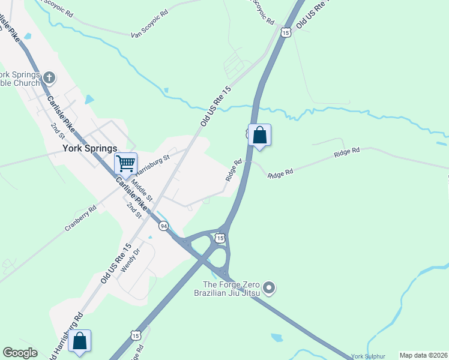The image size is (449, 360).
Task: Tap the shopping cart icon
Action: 126,163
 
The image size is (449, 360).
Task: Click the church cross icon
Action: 49,77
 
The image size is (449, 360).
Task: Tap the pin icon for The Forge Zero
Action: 269,289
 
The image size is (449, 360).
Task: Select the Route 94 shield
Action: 163,226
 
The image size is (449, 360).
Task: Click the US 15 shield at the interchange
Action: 221,238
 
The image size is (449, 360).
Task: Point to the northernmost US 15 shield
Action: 285,32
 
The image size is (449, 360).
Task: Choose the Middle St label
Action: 143,190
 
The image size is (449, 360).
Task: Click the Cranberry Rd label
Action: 81,219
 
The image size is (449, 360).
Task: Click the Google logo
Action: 20,353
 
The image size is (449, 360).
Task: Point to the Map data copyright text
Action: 423,355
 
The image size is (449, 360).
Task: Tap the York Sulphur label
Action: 367,355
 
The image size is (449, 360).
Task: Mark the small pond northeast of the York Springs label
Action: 90,100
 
